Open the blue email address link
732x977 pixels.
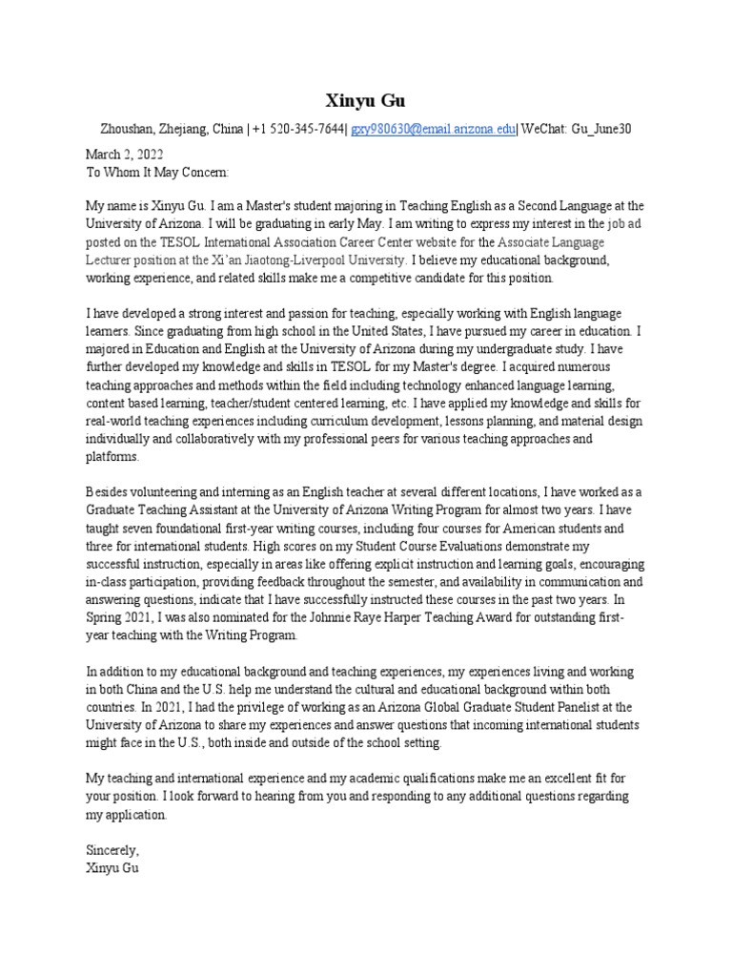(433, 130)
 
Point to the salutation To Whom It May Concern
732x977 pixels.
(157, 172)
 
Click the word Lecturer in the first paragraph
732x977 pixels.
(112, 259)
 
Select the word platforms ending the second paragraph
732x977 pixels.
(112, 457)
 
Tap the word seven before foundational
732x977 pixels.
(140, 528)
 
